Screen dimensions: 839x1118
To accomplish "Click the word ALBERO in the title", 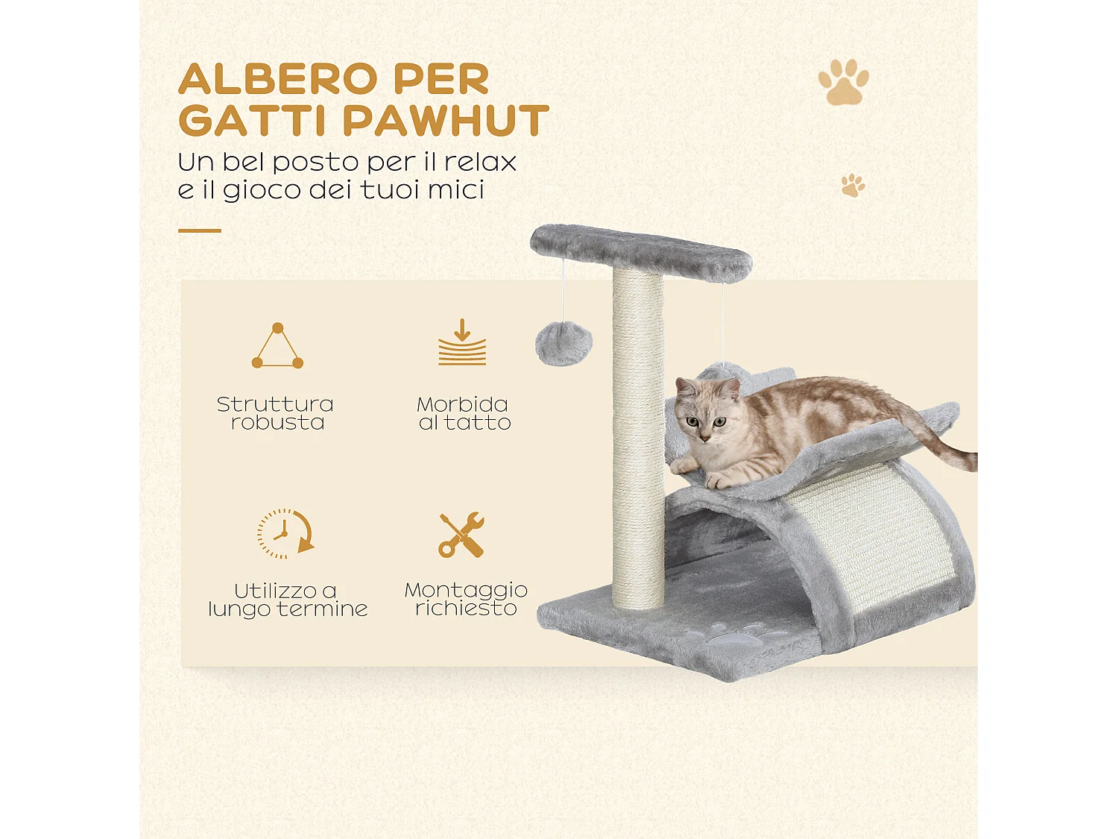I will coord(279,79).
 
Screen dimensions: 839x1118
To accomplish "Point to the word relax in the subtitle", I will coord(480,162).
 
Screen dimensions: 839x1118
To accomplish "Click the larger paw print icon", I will coord(843,83).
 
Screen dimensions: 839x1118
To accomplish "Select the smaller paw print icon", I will coord(853,185).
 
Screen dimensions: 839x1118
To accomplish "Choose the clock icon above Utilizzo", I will coord(284,533).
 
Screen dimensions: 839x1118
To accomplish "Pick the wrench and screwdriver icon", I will coord(461,535).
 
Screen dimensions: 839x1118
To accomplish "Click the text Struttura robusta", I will coord(276,413).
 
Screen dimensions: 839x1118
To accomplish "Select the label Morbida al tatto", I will coord(464,413).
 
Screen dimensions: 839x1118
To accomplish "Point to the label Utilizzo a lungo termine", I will coord(288,600).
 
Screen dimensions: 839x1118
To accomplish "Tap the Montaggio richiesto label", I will coord(466,599).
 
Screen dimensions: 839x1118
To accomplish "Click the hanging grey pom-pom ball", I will coord(563,344).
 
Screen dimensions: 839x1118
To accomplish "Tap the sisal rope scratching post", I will coord(638,440).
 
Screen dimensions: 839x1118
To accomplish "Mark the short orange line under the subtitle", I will coord(200,230).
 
